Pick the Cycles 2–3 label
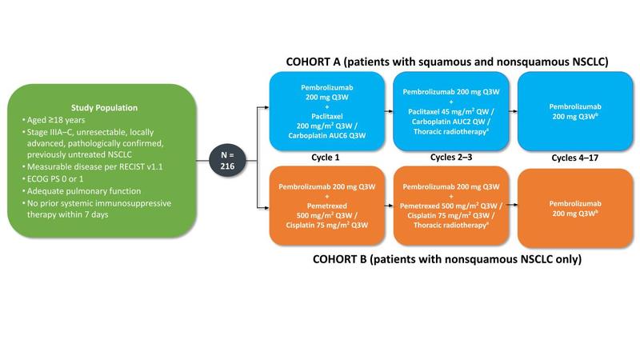click(x=446, y=158)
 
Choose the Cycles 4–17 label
click(x=570, y=158)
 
